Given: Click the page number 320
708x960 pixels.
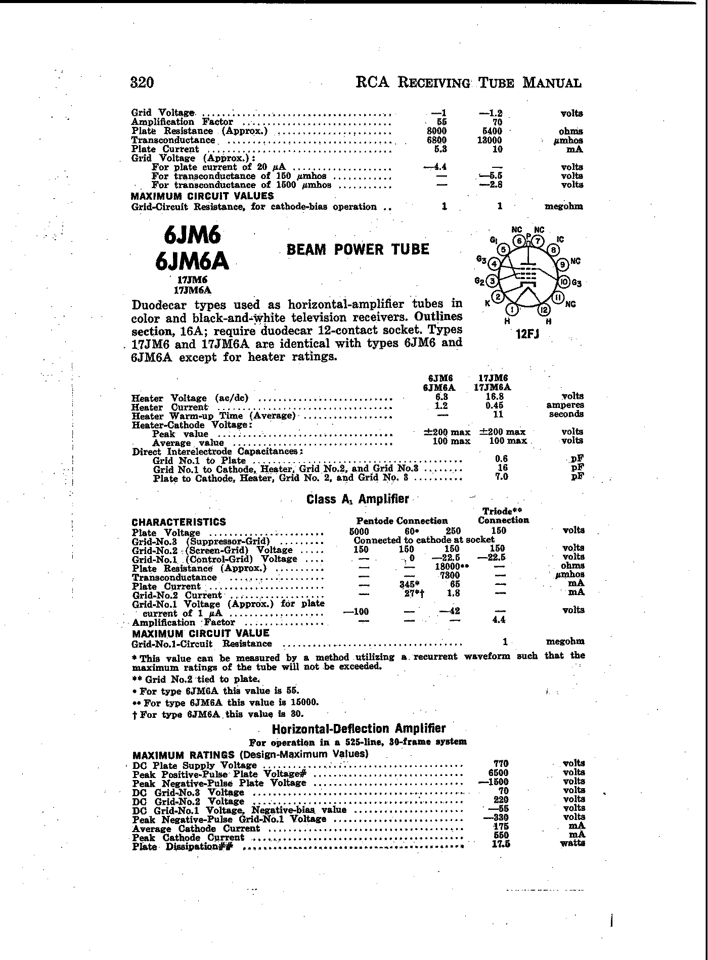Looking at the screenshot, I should [142, 82].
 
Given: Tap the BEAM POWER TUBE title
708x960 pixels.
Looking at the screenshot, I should [358, 249].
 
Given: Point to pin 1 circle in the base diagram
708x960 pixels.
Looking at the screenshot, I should [512, 309].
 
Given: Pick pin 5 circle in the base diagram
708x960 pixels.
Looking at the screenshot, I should [503, 249].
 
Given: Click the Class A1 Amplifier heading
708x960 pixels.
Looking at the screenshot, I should [358, 499].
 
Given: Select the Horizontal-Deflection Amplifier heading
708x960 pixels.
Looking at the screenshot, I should [359, 729].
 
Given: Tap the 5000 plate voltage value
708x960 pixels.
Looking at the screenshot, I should [359, 531].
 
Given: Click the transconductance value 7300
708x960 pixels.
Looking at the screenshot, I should [450, 575].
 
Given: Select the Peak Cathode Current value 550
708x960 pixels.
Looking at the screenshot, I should [501, 835].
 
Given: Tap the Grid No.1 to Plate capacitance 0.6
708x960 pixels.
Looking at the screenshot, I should [502, 459].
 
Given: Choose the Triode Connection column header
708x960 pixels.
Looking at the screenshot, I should [503, 516].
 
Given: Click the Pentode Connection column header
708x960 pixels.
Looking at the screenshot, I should [402, 521].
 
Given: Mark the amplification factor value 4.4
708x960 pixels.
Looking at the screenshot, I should [499, 619].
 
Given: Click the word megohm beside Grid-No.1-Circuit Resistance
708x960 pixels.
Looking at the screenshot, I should [565, 642].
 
